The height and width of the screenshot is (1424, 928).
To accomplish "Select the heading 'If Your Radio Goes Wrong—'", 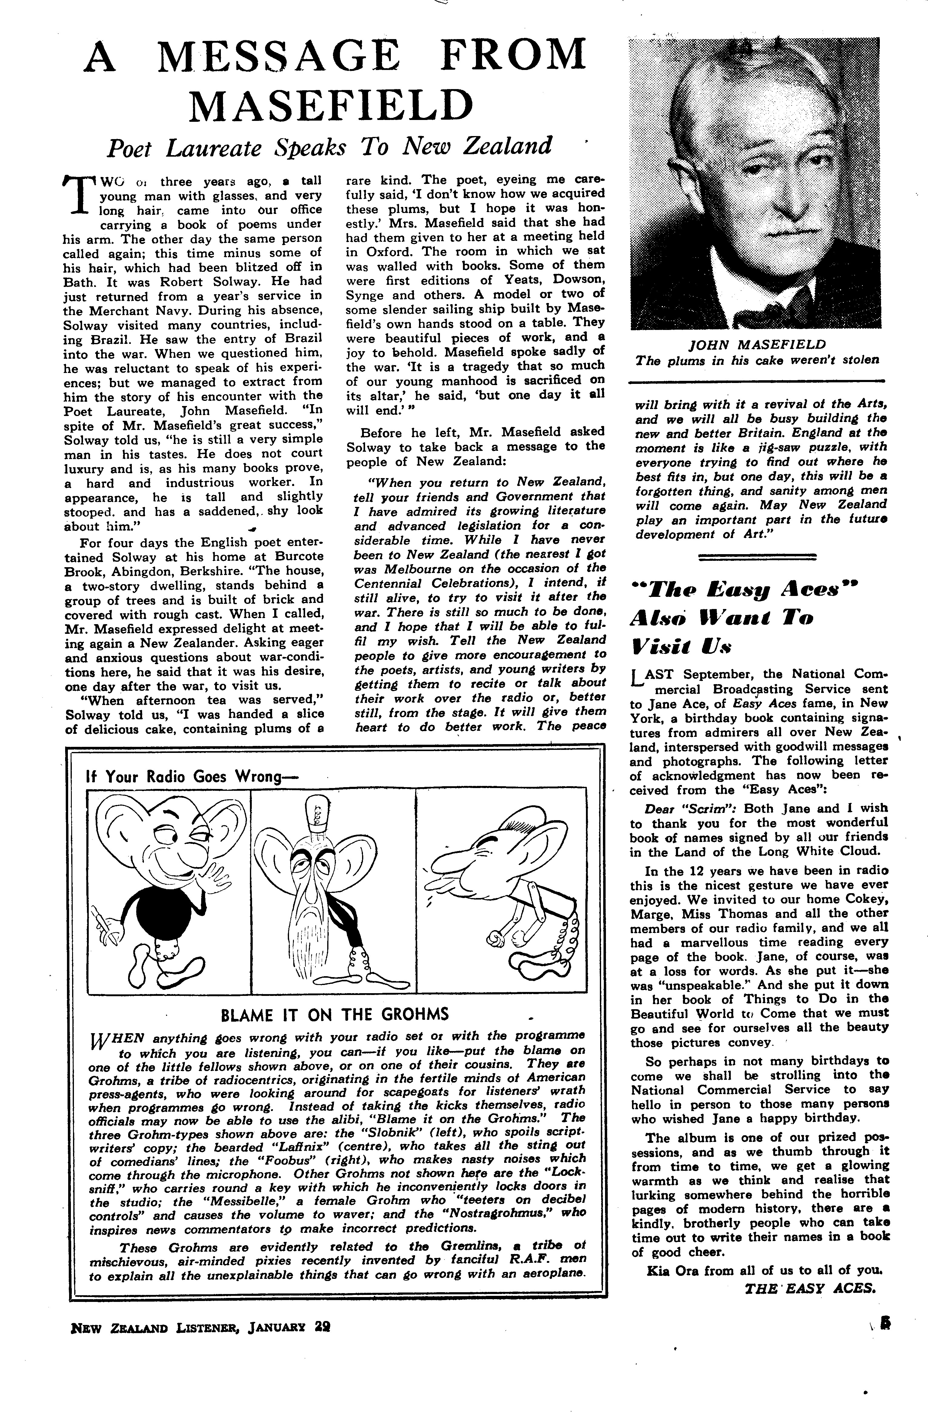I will coord(193,777).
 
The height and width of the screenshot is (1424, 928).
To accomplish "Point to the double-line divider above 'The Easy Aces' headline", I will coord(757,557).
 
